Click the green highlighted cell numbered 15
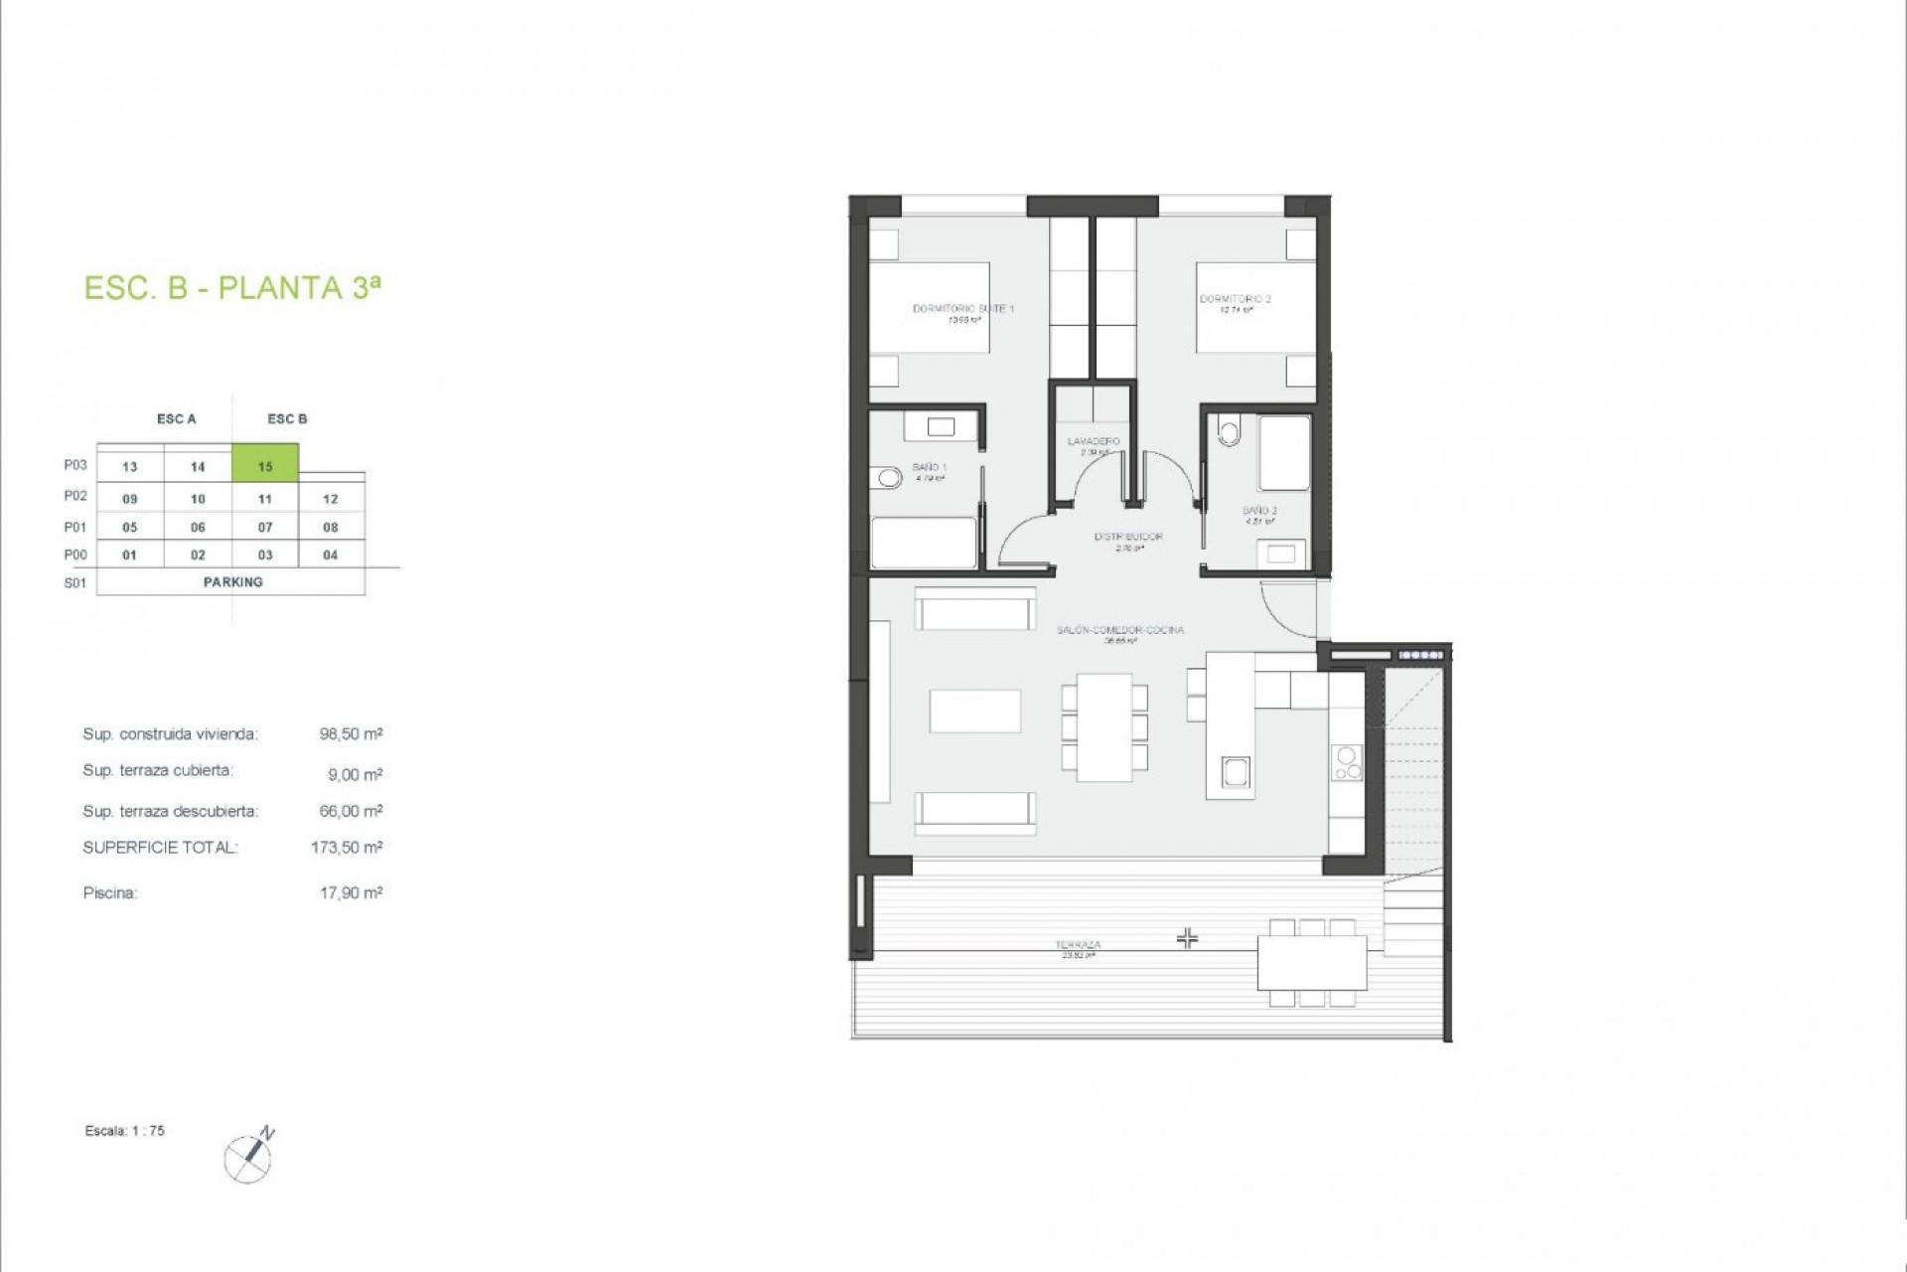point(265,465)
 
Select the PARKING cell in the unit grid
point(232,582)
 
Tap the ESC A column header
point(177,419)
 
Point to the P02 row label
point(75,496)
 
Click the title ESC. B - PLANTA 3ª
point(232,288)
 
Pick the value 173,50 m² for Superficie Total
point(347,848)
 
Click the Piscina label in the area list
point(110,893)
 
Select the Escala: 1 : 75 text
point(125,1131)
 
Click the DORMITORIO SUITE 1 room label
point(962,309)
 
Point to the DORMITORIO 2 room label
point(1235,299)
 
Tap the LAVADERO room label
point(1094,441)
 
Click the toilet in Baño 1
point(887,479)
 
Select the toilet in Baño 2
point(1230,432)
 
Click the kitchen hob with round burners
point(1347,762)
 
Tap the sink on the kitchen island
point(1236,771)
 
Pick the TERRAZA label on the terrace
point(1078,945)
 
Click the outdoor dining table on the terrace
point(1312,962)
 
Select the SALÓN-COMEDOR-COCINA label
point(1119,630)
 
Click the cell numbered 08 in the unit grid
point(331,528)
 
